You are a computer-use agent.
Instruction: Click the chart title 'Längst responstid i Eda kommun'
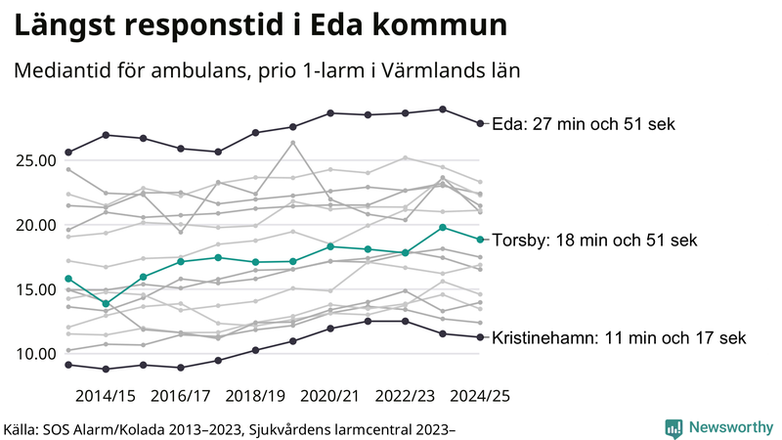260,26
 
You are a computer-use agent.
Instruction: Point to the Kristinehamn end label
619,337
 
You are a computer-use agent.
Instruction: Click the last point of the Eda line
479,123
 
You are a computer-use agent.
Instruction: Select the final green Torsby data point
479,240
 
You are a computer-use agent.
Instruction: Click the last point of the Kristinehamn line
479,337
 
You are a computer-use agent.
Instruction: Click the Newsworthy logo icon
674,427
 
